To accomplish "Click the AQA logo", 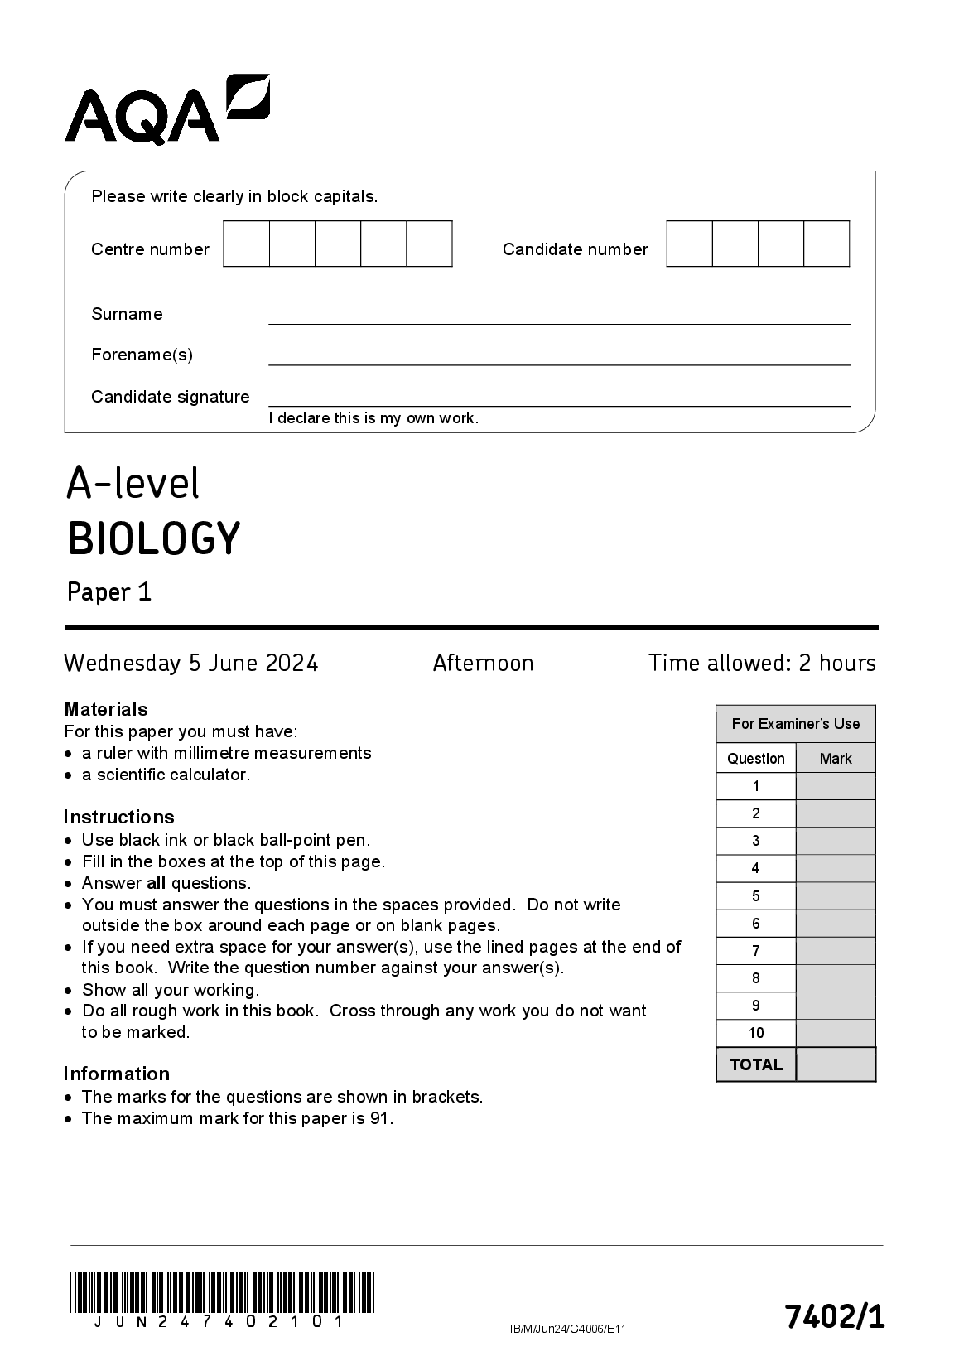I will pyautogui.click(x=166, y=109).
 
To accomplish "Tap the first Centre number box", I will pyautogui.click(x=247, y=244).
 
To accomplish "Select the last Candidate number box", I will pyautogui.click(x=826, y=244).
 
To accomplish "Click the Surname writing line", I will pyautogui.click(x=559, y=316).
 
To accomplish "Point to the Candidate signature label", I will pyautogui.click(x=170, y=397).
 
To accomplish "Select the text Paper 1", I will pyautogui.click(x=108, y=592).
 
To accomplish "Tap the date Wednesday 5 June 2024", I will pyautogui.click(x=190, y=663).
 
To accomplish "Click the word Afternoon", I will pyautogui.click(x=483, y=663).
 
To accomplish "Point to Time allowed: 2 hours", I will pyautogui.click(x=761, y=663).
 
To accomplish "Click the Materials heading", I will pyautogui.click(x=106, y=709).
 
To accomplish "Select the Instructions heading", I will pyautogui.click(x=118, y=817).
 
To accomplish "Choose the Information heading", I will pyautogui.click(x=117, y=1074).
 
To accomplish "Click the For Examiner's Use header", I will pyautogui.click(x=795, y=724).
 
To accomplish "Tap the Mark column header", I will pyautogui.click(x=835, y=759).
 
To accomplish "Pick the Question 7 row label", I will pyautogui.click(x=755, y=951).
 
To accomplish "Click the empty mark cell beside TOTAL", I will pyautogui.click(x=835, y=1064).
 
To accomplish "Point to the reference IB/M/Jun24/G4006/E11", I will pyautogui.click(x=567, y=1329).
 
